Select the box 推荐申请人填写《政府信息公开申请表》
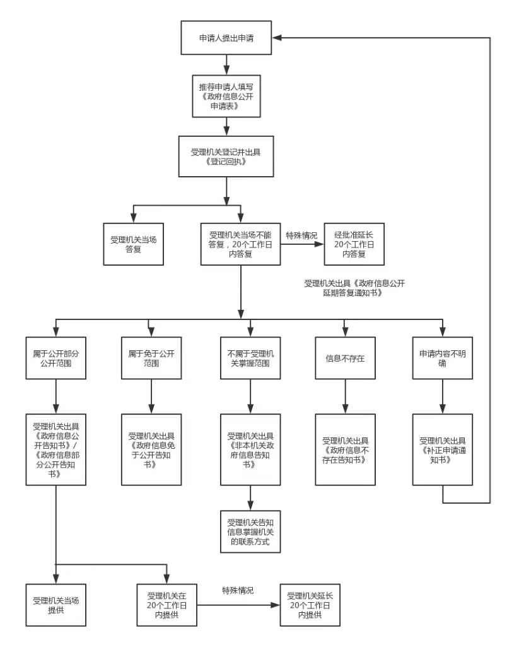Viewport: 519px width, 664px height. click(226, 95)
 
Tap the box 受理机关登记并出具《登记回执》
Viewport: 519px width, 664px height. click(226, 156)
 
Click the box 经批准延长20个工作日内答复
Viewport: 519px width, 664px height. click(354, 244)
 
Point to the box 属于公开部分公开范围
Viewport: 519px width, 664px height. click(56, 357)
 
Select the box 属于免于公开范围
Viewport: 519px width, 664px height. click(151, 357)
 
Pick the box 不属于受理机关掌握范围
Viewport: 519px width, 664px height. click(250, 357)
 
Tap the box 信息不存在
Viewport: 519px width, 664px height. click(345, 357)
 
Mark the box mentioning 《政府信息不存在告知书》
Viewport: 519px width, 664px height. click(345, 449)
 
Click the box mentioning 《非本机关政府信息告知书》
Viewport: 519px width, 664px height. click(250, 449)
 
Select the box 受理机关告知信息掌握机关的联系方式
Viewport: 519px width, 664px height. click(250, 531)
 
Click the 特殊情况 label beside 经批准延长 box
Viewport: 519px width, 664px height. click(301, 235)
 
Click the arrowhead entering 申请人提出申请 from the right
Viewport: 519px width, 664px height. click(277, 38)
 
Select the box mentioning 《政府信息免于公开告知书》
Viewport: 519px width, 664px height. click(151, 449)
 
